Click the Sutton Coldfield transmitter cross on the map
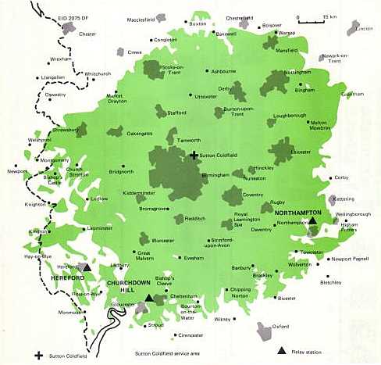194,156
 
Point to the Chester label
87,34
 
